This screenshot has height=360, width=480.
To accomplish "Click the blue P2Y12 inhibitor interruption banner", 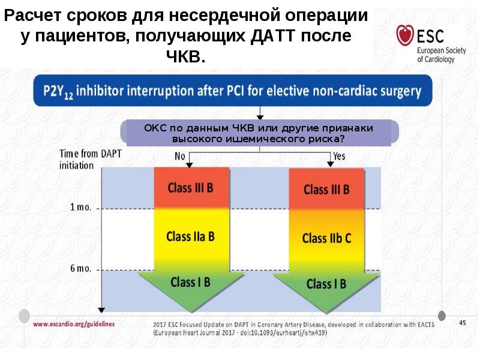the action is click(232, 91).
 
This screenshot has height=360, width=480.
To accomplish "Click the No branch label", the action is click(179, 155).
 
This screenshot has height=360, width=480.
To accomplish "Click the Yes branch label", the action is click(339, 155).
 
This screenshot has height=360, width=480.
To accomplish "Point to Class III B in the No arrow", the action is click(190, 187).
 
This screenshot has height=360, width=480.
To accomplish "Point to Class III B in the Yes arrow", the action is click(326, 190).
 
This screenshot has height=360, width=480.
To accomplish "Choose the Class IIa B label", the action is click(190, 236).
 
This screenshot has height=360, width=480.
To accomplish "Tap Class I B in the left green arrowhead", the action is click(190, 281).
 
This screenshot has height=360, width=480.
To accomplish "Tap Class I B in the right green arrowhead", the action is click(326, 284).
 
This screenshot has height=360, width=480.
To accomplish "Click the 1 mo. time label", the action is click(80, 208).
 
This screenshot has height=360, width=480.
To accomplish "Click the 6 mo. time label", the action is click(80, 268).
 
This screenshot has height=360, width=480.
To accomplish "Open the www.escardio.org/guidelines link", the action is click(74, 323).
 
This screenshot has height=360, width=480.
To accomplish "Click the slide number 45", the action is click(463, 323).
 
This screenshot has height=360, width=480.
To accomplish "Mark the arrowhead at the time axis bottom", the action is click(101, 310).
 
